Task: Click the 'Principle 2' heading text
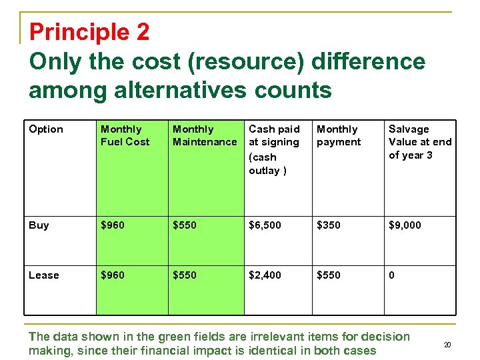[89, 31]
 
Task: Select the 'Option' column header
[46, 129]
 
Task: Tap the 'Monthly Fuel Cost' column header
[125, 135]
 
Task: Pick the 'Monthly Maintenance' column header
[205, 135]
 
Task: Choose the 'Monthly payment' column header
[339, 135]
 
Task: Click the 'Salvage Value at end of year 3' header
[419, 141]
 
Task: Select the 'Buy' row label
[39, 225]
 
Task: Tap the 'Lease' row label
[44, 275]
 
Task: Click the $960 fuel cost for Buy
[113, 225]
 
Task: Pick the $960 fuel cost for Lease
[113, 275]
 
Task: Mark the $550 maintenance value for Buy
[185, 225]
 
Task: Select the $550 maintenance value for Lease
[185, 275]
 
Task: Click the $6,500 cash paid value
[265, 225]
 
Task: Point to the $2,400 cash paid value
[265, 275]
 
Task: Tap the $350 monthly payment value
[328, 225]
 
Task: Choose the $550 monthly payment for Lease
[328, 275]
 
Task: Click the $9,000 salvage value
[405, 225]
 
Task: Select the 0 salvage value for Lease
[391, 275]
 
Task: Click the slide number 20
[447, 345]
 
